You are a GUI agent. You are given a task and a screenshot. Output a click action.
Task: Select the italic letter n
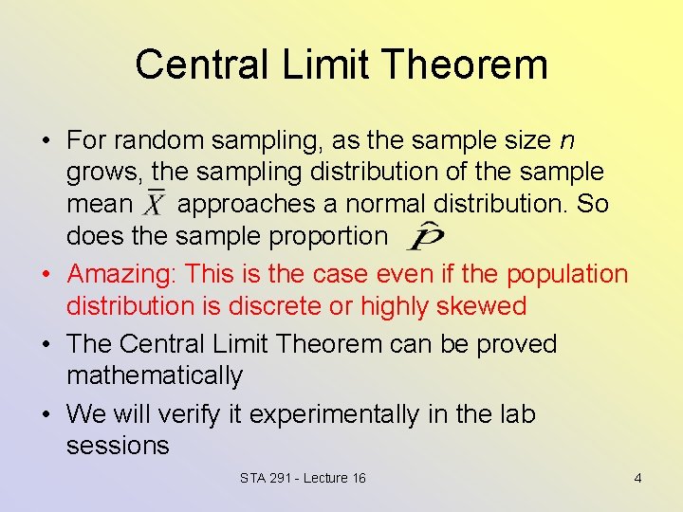tap(566, 140)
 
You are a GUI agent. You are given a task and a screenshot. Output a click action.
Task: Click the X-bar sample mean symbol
tap(155, 204)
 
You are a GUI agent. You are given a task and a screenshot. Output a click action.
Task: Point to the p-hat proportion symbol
tap(425, 235)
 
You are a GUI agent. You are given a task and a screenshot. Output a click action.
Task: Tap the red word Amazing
tap(121, 274)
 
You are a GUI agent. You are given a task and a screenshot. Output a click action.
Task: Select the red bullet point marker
tap(46, 274)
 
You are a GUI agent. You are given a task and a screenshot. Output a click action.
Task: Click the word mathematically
tap(155, 376)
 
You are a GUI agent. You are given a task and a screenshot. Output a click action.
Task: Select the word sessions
tap(118, 446)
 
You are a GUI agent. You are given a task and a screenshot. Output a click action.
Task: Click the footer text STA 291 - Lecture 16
tap(303, 478)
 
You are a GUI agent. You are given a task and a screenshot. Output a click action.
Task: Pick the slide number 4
tap(637, 478)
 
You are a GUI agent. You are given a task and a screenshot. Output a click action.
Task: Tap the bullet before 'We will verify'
tap(46, 414)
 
